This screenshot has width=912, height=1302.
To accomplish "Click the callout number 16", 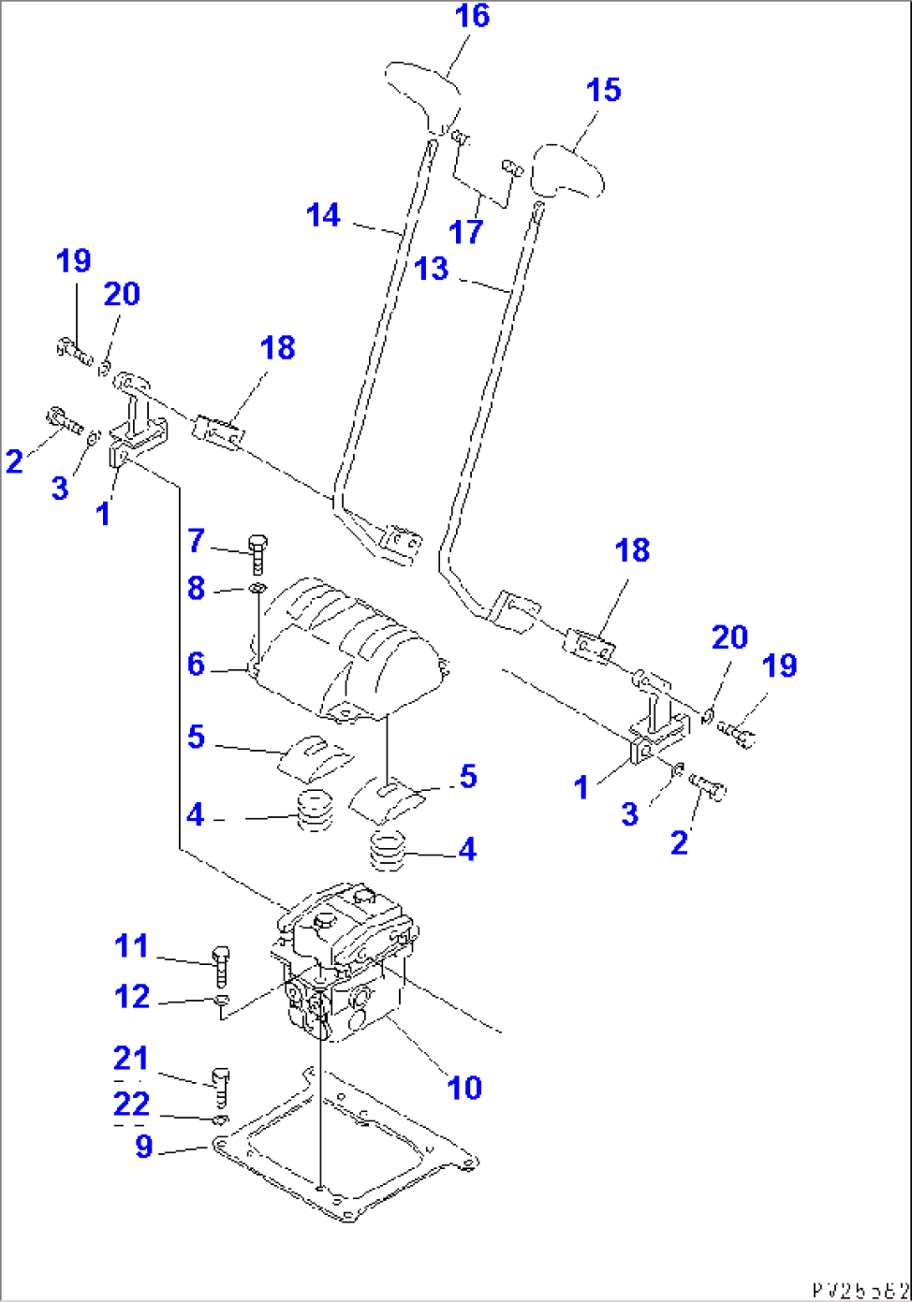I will tap(471, 16).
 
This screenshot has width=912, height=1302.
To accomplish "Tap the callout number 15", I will tap(604, 90).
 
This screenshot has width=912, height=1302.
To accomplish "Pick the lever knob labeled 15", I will tap(570, 170).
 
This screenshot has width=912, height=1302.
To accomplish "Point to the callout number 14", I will tap(324, 216).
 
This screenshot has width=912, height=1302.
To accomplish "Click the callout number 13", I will tap(432, 269).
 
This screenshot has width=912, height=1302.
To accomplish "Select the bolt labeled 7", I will tap(258, 552).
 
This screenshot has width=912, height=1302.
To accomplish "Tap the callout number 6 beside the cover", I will tap(196, 665).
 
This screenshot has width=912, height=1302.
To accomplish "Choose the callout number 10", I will tap(464, 1089).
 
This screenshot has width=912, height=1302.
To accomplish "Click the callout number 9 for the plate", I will tap(144, 1147).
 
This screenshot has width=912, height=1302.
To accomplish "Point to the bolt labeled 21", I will tap(222, 1086).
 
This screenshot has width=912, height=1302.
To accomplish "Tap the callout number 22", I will tap(131, 1105).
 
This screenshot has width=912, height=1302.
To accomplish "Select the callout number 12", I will tap(132, 997).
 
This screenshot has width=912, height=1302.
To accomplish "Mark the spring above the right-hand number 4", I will tap(387, 850).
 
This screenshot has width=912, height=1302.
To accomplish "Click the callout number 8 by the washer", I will tap(196, 588).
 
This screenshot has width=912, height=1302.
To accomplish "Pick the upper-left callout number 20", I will tap(122, 294).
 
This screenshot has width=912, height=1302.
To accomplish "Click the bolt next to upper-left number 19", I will tap(74, 350).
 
